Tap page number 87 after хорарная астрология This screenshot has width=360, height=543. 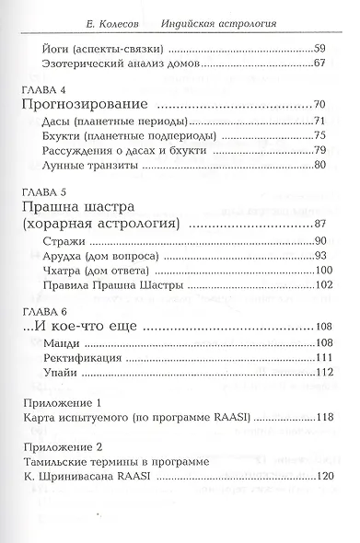pyautogui.click(x=319, y=225)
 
